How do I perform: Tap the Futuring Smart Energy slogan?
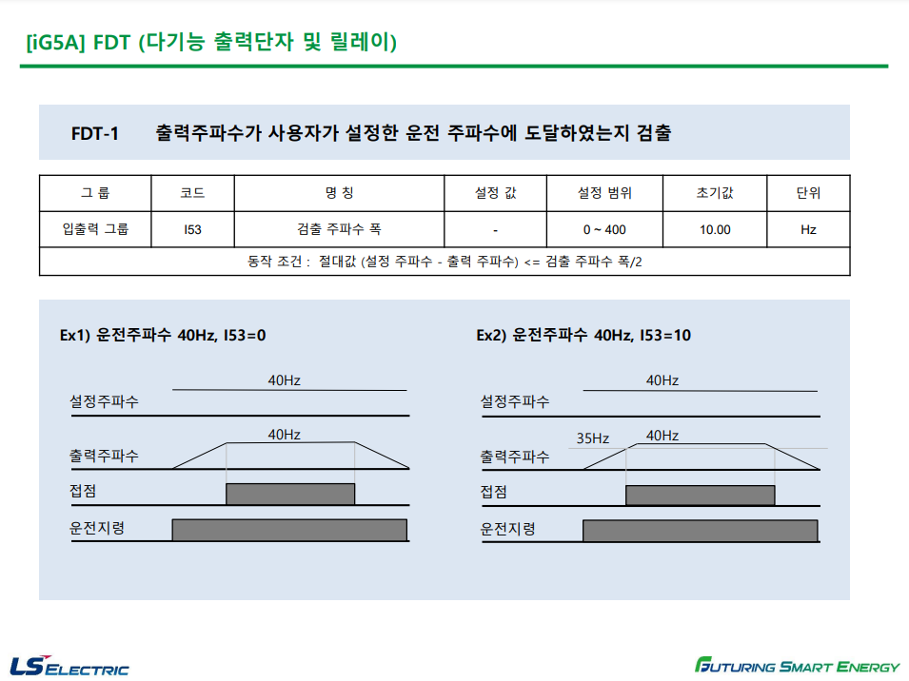[x=796, y=665]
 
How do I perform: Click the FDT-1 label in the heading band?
[x=95, y=133]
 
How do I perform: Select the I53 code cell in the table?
[x=192, y=229]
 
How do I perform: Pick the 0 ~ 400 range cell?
[x=604, y=229]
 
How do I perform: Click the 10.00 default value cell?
[x=714, y=229]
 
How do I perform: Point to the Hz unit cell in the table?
[x=808, y=229]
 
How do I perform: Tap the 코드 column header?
[x=192, y=193]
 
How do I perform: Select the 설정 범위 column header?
[x=604, y=193]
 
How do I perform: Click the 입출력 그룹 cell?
[x=94, y=229]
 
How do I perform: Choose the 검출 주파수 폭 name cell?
[x=339, y=229]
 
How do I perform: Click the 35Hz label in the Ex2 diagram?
[x=592, y=438]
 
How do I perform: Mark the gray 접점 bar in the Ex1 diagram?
[x=290, y=494]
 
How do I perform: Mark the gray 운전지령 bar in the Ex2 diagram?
[x=700, y=530]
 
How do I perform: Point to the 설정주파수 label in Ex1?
[x=104, y=401]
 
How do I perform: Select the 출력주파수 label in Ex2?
[x=515, y=457]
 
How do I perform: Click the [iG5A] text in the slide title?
[x=56, y=44]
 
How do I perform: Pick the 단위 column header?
[x=808, y=193]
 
